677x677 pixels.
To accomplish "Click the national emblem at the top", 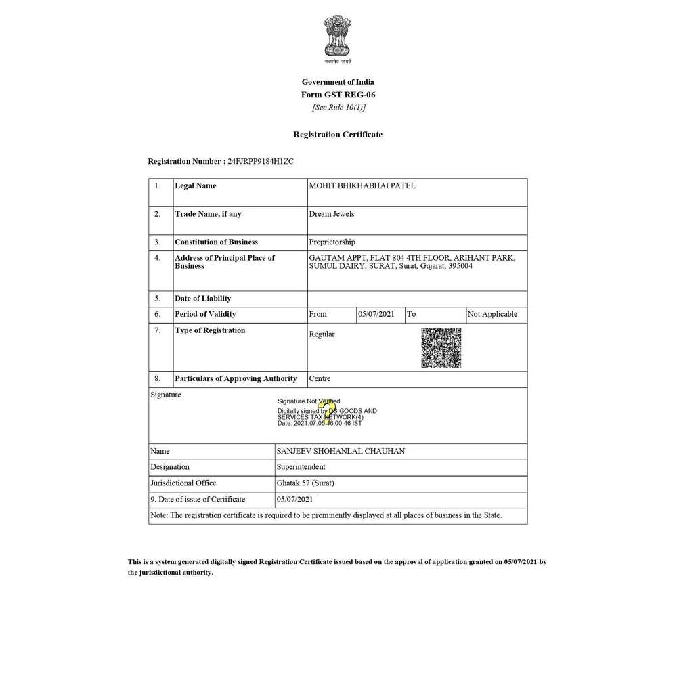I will pos(337,39).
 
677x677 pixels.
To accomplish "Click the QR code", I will pos(441,347).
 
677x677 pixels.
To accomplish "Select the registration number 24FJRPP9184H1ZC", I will pos(261,162).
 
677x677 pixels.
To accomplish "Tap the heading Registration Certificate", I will pos(337,135).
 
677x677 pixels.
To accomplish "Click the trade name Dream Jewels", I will pos(332,214).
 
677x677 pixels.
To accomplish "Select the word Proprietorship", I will pos(332,242).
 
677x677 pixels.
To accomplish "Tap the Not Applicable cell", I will pos(492,314).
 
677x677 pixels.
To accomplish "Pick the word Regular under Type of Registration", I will pos(322,334).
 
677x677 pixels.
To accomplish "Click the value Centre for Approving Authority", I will pos(320,378).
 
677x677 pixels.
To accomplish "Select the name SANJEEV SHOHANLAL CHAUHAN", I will pos(341,451).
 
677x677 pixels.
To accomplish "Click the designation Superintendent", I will pos(301,467).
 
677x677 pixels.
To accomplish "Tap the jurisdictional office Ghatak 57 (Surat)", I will pos(306,483).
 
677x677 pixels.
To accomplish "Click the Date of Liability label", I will pos(202,298).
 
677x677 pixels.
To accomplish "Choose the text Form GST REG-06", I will pos(337,95).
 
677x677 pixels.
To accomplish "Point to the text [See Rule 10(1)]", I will pos(338,107).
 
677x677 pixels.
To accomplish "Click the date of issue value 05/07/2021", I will pos(294,500).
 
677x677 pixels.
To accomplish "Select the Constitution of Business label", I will pos(216,242).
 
